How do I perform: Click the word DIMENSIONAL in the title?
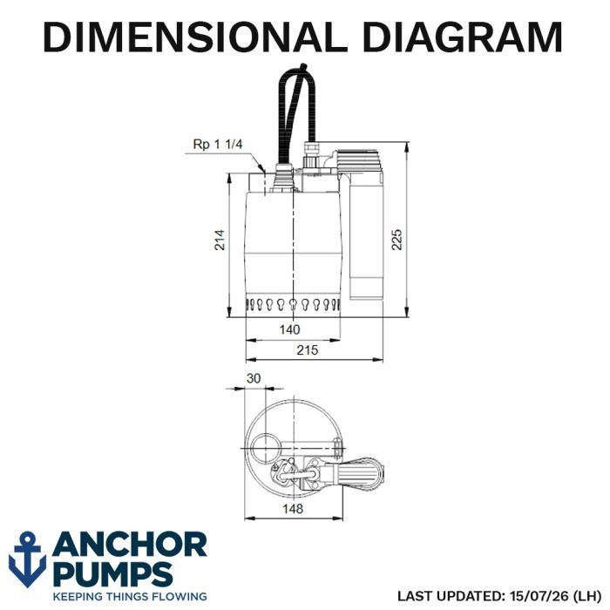[195, 37]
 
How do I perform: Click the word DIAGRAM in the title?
[463, 37]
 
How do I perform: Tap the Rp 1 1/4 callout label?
[218, 145]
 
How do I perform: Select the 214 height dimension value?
[220, 240]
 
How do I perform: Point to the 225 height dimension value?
[396, 240]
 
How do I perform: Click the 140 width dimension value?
[290, 329]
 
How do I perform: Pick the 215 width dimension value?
[308, 350]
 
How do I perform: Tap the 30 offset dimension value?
[254, 378]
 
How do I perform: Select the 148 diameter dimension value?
[293, 508]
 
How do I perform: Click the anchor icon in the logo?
[27, 559]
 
